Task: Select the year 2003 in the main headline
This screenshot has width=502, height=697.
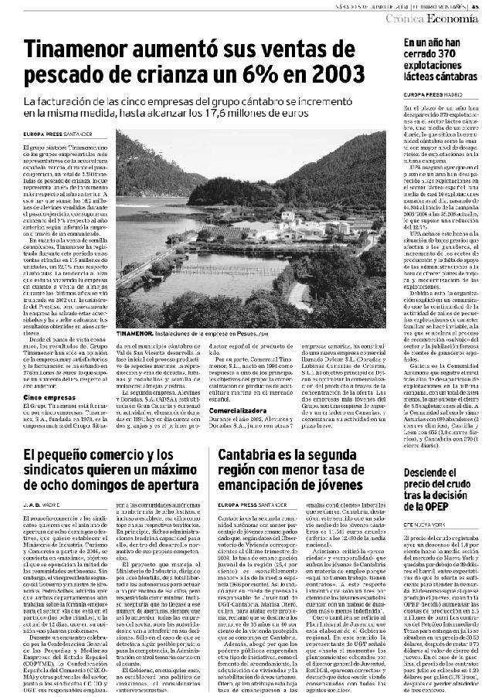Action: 342,76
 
